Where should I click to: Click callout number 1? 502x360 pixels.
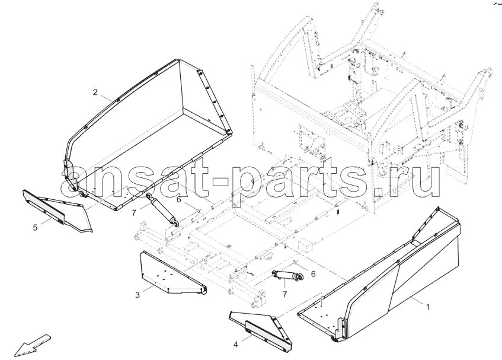coord(428,307)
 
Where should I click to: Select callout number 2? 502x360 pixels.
coord(95,93)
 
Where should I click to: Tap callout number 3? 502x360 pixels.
coord(138,295)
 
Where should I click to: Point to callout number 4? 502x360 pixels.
coord(236,345)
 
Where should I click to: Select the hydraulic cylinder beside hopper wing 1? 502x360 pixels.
coord(287,276)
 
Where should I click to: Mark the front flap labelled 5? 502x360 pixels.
coord(57,210)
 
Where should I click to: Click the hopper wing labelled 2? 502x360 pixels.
coord(149,135)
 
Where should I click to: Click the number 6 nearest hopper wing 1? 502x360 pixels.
coord(313,274)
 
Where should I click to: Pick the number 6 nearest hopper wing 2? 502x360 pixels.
coord(178,199)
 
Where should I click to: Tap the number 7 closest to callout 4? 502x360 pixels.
coord(284,294)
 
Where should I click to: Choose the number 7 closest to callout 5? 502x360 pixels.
coord(134,212)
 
